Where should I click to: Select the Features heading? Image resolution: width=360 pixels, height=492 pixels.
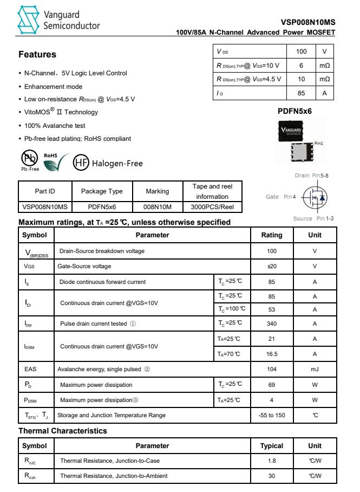click(37, 55)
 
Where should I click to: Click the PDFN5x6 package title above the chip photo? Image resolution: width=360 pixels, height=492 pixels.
click(294, 112)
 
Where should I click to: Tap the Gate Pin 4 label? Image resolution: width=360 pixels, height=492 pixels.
click(280, 196)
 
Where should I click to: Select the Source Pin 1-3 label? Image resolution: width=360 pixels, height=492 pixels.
click(317, 218)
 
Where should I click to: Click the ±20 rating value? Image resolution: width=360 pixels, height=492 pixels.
click(272, 267)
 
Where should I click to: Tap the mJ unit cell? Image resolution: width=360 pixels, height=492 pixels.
click(315, 370)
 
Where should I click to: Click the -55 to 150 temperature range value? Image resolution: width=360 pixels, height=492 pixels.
click(272, 416)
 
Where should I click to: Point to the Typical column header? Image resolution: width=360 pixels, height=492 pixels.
click(272, 446)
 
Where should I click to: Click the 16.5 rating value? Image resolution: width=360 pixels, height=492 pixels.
click(272, 354)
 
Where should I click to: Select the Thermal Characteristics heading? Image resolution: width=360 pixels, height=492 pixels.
click(62, 431)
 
